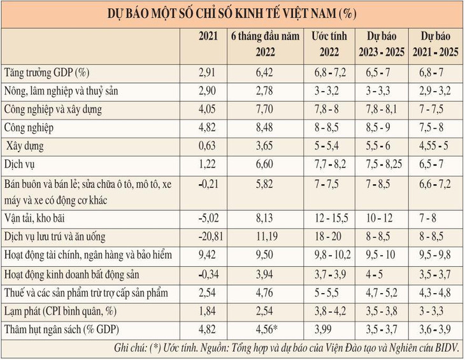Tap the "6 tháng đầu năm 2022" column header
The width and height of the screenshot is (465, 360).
(x=264, y=43)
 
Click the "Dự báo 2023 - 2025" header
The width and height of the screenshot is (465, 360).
(x=385, y=43)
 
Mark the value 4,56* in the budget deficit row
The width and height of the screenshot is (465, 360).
(x=266, y=331)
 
